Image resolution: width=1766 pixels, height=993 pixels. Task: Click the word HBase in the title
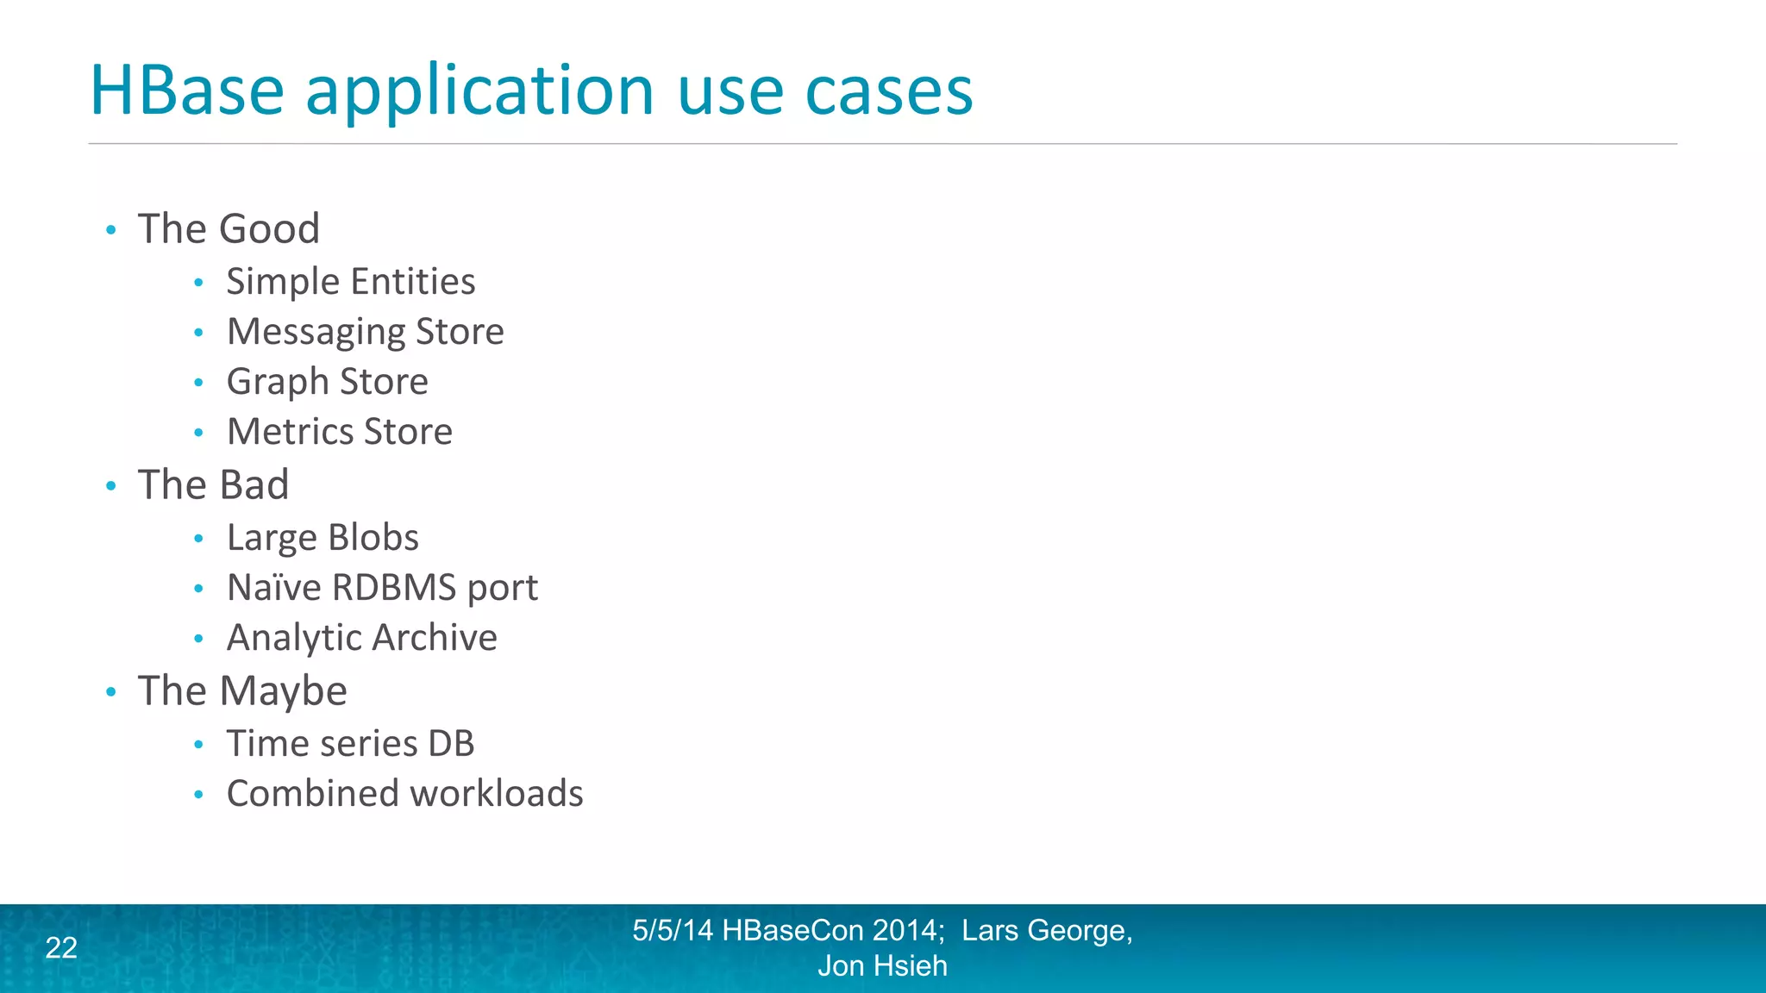click(x=187, y=90)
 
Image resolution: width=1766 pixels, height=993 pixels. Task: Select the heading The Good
click(x=229, y=229)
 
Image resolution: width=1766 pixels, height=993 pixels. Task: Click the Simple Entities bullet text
click(x=350, y=282)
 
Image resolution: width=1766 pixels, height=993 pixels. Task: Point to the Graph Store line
click(x=327, y=382)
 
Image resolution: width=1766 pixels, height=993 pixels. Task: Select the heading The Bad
click(x=213, y=484)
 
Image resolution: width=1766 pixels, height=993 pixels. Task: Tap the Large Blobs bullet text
click(x=323, y=538)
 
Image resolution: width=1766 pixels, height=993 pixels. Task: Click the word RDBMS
click(x=394, y=588)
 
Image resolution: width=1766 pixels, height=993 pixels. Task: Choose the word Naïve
click(x=273, y=588)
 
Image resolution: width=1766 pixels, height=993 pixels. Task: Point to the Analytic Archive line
click(x=361, y=638)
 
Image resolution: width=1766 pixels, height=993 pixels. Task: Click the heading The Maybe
click(x=242, y=691)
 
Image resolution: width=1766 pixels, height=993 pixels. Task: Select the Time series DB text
click(x=350, y=744)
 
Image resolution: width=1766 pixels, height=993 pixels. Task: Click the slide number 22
click(x=61, y=948)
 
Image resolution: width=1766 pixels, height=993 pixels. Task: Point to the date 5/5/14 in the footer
click(x=673, y=931)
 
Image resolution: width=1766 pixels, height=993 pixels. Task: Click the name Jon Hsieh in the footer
click(x=882, y=966)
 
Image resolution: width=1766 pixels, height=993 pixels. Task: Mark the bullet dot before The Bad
click(x=110, y=486)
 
